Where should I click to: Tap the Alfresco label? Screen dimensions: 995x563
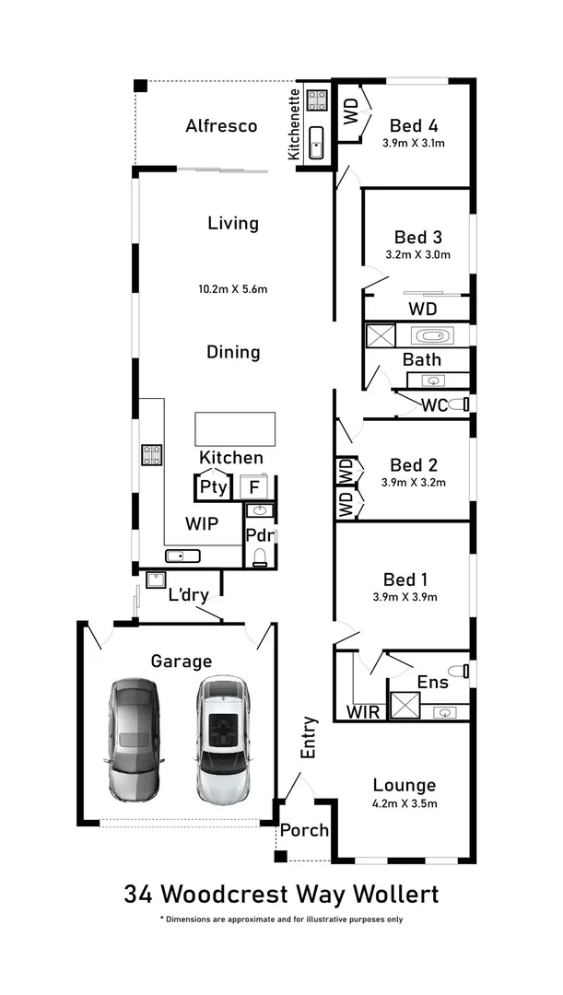pyautogui.click(x=221, y=126)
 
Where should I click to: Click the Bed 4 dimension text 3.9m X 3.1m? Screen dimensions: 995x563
pyautogui.click(x=414, y=143)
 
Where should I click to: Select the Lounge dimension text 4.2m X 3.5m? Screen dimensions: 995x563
pyautogui.click(x=405, y=803)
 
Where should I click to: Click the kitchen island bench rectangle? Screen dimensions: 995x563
pyautogui.click(x=234, y=429)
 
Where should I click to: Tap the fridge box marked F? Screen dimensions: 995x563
pyautogui.click(x=255, y=487)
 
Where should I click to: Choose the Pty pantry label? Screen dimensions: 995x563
pyautogui.click(x=213, y=487)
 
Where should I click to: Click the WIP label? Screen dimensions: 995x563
pyautogui.click(x=201, y=523)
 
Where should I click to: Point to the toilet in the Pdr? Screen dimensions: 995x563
pyautogui.click(x=260, y=555)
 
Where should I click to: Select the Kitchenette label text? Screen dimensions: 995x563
pyautogui.click(x=294, y=124)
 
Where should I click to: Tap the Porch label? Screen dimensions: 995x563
pyautogui.click(x=304, y=830)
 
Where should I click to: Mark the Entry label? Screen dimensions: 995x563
pyautogui.click(x=309, y=738)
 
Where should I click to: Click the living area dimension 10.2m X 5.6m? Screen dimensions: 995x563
pyautogui.click(x=233, y=289)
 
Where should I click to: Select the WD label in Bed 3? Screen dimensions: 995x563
pyautogui.click(x=422, y=308)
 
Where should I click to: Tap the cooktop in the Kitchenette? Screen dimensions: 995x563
pyautogui.click(x=318, y=99)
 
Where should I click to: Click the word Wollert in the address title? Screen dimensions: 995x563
pyautogui.click(x=388, y=894)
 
